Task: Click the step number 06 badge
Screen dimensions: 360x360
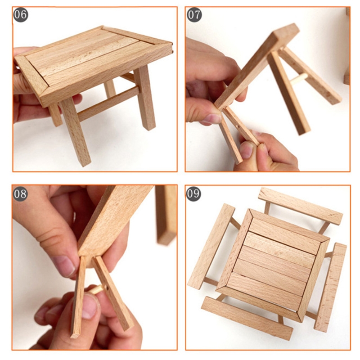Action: (20, 15)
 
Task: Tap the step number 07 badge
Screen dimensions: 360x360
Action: (194, 15)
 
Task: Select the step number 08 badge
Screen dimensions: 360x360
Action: (20, 194)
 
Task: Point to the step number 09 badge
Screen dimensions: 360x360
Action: (193, 194)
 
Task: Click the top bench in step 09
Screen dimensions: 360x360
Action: (300, 206)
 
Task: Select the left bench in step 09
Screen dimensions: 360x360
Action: (211, 246)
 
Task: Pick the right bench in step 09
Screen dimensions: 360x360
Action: (330, 287)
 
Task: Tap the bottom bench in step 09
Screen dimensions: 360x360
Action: (247, 318)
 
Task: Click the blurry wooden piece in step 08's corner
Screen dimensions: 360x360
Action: (166, 215)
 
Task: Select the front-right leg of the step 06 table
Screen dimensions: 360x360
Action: (144, 98)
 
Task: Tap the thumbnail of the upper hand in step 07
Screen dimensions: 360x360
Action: (212, 119)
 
